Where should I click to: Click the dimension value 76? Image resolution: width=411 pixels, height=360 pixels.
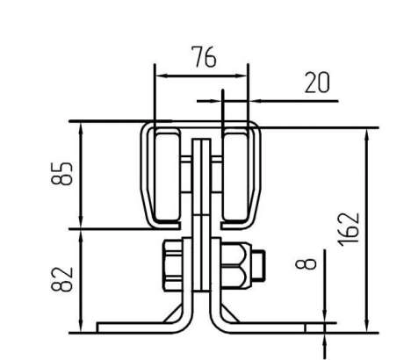(205, 57)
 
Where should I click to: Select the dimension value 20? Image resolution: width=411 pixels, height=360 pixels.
(317, 83)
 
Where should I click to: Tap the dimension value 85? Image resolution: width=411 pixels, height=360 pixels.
(61, 173)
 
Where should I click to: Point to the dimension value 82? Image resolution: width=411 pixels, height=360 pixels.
(61, 279)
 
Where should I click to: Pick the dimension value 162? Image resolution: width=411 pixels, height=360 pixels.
(349, 229)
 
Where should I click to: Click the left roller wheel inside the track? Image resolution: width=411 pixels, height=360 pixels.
(167, 176)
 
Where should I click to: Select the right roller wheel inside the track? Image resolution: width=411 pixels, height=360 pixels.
(234, 176)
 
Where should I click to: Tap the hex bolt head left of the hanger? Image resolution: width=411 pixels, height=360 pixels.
(173, 265)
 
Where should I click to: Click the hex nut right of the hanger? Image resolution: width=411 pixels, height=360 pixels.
(235, 265)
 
